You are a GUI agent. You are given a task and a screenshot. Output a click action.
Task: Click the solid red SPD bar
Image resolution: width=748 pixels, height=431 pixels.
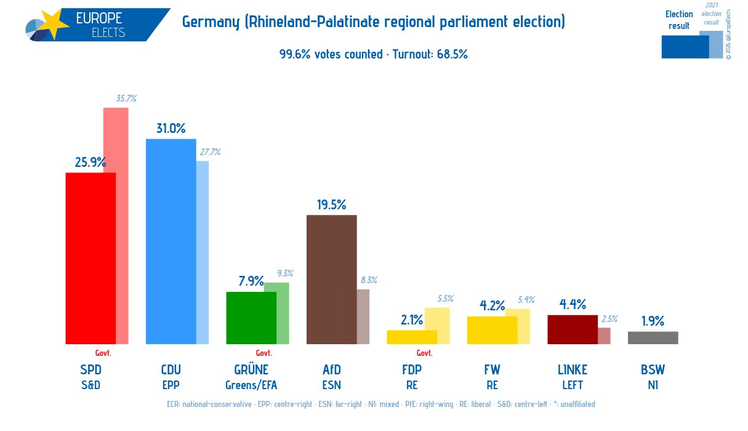(x=90, y=258)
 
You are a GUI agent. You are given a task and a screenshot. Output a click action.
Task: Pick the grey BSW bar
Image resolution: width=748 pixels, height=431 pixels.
(x=653, y=337)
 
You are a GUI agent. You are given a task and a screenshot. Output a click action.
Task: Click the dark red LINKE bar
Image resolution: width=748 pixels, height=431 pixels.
(x=572, y=329)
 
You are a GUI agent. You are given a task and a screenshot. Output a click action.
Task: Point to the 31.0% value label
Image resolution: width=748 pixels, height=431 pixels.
(x=171, y=128)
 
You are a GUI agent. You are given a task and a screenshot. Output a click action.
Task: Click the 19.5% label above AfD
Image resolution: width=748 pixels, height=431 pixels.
(x=331, y=204)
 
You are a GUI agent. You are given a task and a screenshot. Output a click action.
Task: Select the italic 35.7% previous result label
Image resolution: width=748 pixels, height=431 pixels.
(x=126, y=99)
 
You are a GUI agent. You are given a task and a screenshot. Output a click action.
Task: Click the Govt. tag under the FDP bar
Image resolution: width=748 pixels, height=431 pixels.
(x=424, y=353)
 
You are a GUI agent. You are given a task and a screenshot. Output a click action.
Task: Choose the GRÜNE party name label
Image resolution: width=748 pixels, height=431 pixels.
(x=251, y=370)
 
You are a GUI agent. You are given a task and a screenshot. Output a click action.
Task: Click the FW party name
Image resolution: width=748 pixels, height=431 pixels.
(x=492, y=370)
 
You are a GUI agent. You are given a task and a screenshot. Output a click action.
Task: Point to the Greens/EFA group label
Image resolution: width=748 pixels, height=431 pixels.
(x=251, y=385)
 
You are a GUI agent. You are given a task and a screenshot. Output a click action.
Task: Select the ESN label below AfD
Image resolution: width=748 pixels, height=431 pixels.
(x=331, y=385)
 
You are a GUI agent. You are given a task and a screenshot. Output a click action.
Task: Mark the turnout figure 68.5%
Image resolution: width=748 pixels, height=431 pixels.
(x=452, y=54)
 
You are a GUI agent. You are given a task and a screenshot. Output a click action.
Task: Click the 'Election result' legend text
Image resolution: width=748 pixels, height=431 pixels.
(x=679, y=20)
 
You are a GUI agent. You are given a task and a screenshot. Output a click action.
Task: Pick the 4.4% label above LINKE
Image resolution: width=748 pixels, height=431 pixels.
(x=572, y=304)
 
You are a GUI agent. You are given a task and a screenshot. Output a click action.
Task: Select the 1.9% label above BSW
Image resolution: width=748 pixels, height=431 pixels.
(x=653, y=321)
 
